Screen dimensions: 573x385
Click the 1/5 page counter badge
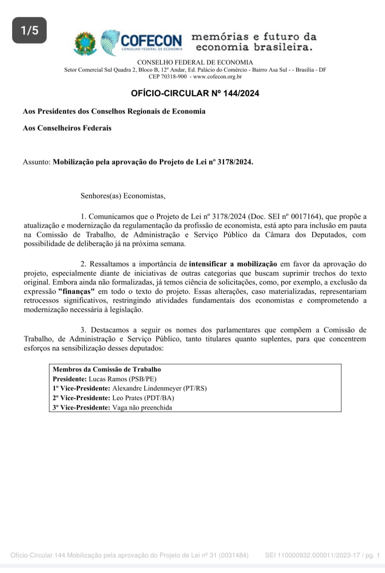tap(29, 30)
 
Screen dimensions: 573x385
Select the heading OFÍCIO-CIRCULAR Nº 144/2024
tap(195, 93)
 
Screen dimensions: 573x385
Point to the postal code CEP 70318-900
tap(168, 77)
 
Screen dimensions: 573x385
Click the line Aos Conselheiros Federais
tap(67, 128)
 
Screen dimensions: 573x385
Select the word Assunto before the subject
tap(36, 162)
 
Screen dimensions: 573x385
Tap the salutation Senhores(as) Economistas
tap(123, 196)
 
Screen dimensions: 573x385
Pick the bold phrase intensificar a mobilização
tap(233, 264)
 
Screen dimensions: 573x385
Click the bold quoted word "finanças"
tap(76, 292)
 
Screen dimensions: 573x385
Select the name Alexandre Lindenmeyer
tap(147, 389)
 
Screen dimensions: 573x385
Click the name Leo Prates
tap(127, 398)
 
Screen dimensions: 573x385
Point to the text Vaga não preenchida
tap(142, 408)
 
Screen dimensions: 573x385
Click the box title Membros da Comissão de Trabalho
tap(107, 370)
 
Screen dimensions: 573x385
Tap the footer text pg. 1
tap(372, 555)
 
